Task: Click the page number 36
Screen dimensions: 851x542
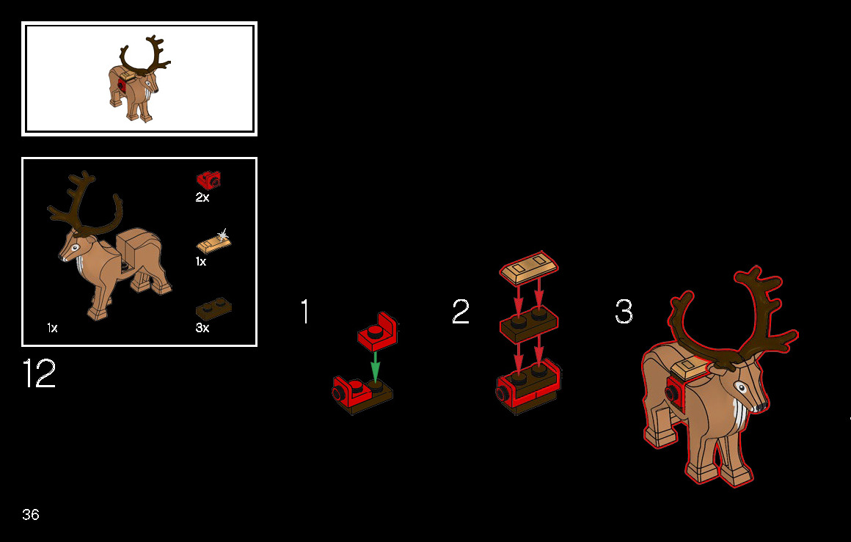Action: tap(30, 514)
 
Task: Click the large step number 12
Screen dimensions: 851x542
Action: tap(39, 373)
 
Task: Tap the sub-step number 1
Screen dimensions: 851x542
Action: tap(305, 312)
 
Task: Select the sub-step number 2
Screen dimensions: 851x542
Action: tap(460, 312)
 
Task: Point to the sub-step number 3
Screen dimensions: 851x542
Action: tap(624, 312)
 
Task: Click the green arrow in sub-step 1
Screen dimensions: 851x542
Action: tap(374, 367)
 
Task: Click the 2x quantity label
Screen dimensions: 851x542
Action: tap(202, 197)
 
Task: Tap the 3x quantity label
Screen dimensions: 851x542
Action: tap(202, 328)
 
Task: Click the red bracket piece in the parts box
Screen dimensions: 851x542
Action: tap(208, 180)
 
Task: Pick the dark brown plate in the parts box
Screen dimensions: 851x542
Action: tap(213, 309)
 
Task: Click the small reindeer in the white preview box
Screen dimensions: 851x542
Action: tap(139, 78)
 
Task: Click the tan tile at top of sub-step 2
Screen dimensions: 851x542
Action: tap(529, 267)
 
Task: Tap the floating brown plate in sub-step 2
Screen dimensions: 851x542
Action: tap(529, 323)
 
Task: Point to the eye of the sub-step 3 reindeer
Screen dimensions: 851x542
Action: tap(740, 387)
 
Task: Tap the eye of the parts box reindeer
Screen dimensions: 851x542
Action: tap(75, 247)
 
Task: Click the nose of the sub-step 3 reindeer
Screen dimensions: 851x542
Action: tap(761, 406)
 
